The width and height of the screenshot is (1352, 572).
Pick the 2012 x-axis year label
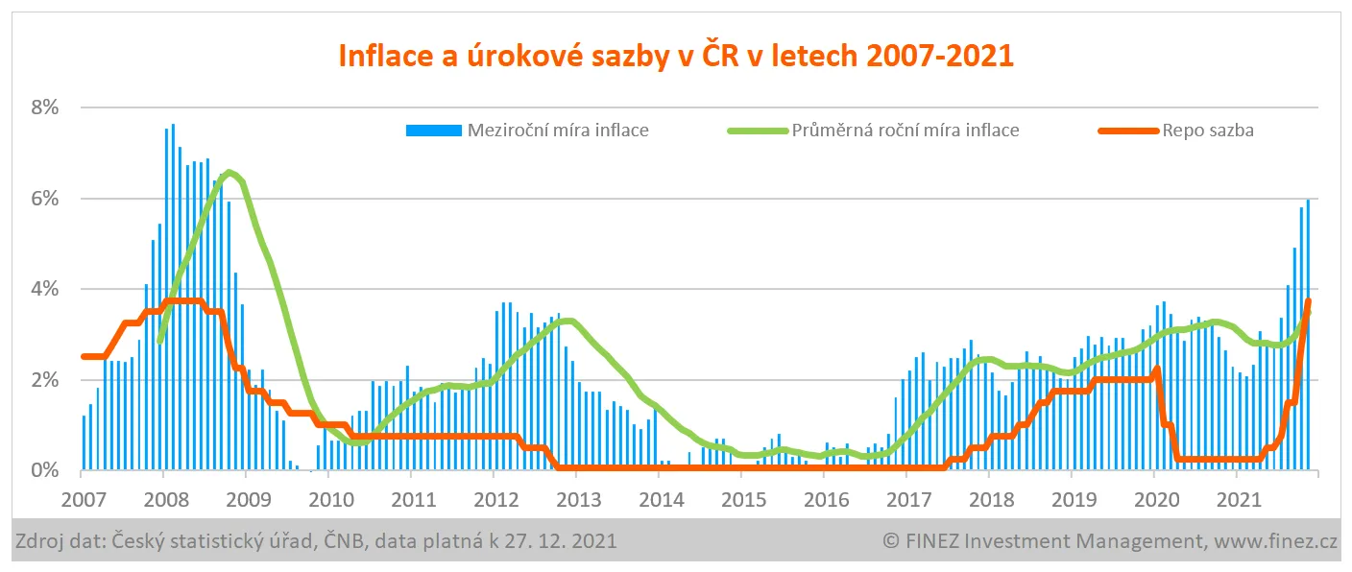(494, 499)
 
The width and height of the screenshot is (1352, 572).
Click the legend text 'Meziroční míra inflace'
(557, 130)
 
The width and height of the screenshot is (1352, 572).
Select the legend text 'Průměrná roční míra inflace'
(905, 130)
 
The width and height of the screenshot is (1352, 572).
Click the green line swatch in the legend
(758, 130)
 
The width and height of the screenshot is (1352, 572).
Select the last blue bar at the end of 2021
(1308, 336)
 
